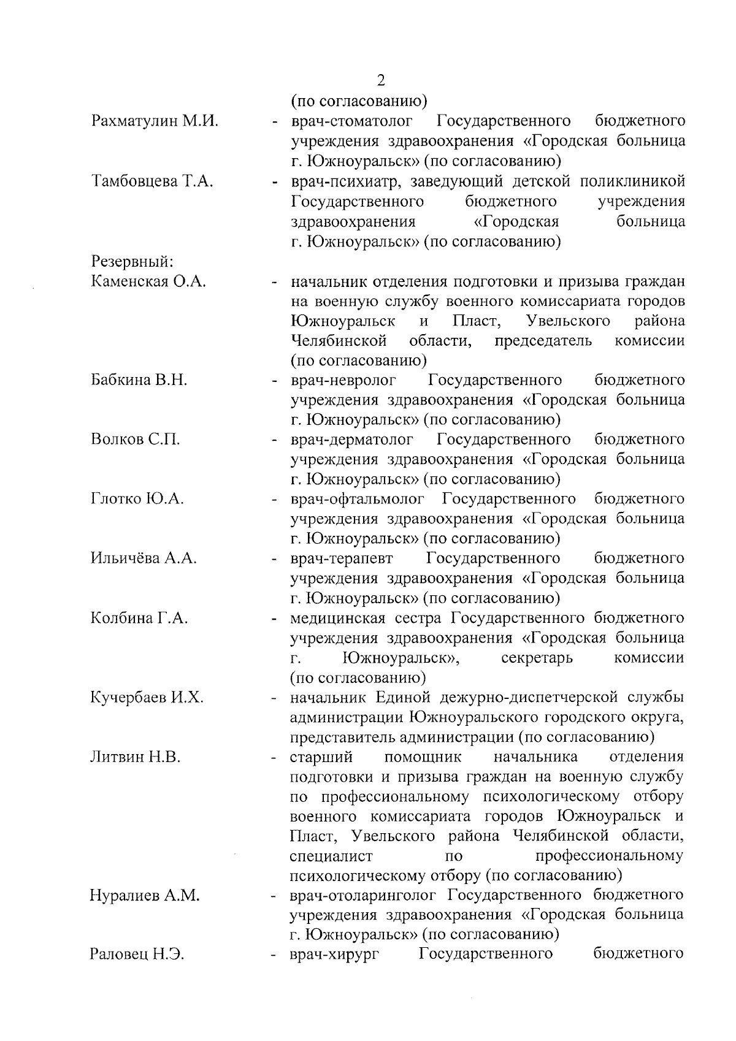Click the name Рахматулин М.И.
[x=155, y=121]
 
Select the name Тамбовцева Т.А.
[x=152, y=181]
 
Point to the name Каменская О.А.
[x=148, y=281]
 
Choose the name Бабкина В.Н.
[x=139, y=379]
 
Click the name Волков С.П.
[x=136, y=440]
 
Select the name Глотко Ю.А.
[x=137, y=499]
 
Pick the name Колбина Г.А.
[x=139, y=617]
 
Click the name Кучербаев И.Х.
[x=147, y=697]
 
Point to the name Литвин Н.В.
[x=136, y=757]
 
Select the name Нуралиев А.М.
[x=145, y=895]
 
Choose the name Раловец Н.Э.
[x=137, y=955]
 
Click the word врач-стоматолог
[x=351, y=121]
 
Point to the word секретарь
[x=537, y=658]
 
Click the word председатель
[x=543, y=340]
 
